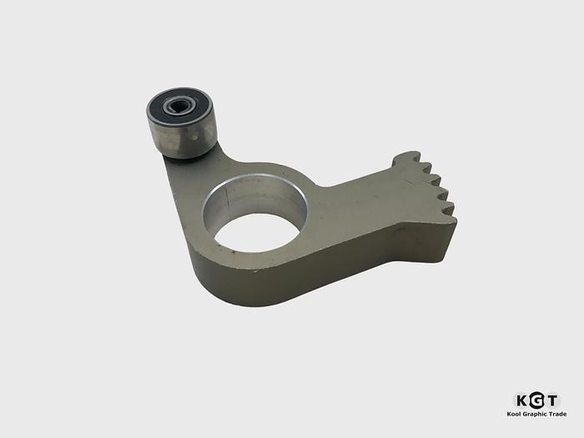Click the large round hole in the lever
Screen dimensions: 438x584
[258, 223]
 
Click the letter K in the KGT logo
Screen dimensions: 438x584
[519, 400]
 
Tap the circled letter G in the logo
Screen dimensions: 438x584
[536, 400]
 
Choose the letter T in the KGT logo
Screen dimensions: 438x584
[551, 400]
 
